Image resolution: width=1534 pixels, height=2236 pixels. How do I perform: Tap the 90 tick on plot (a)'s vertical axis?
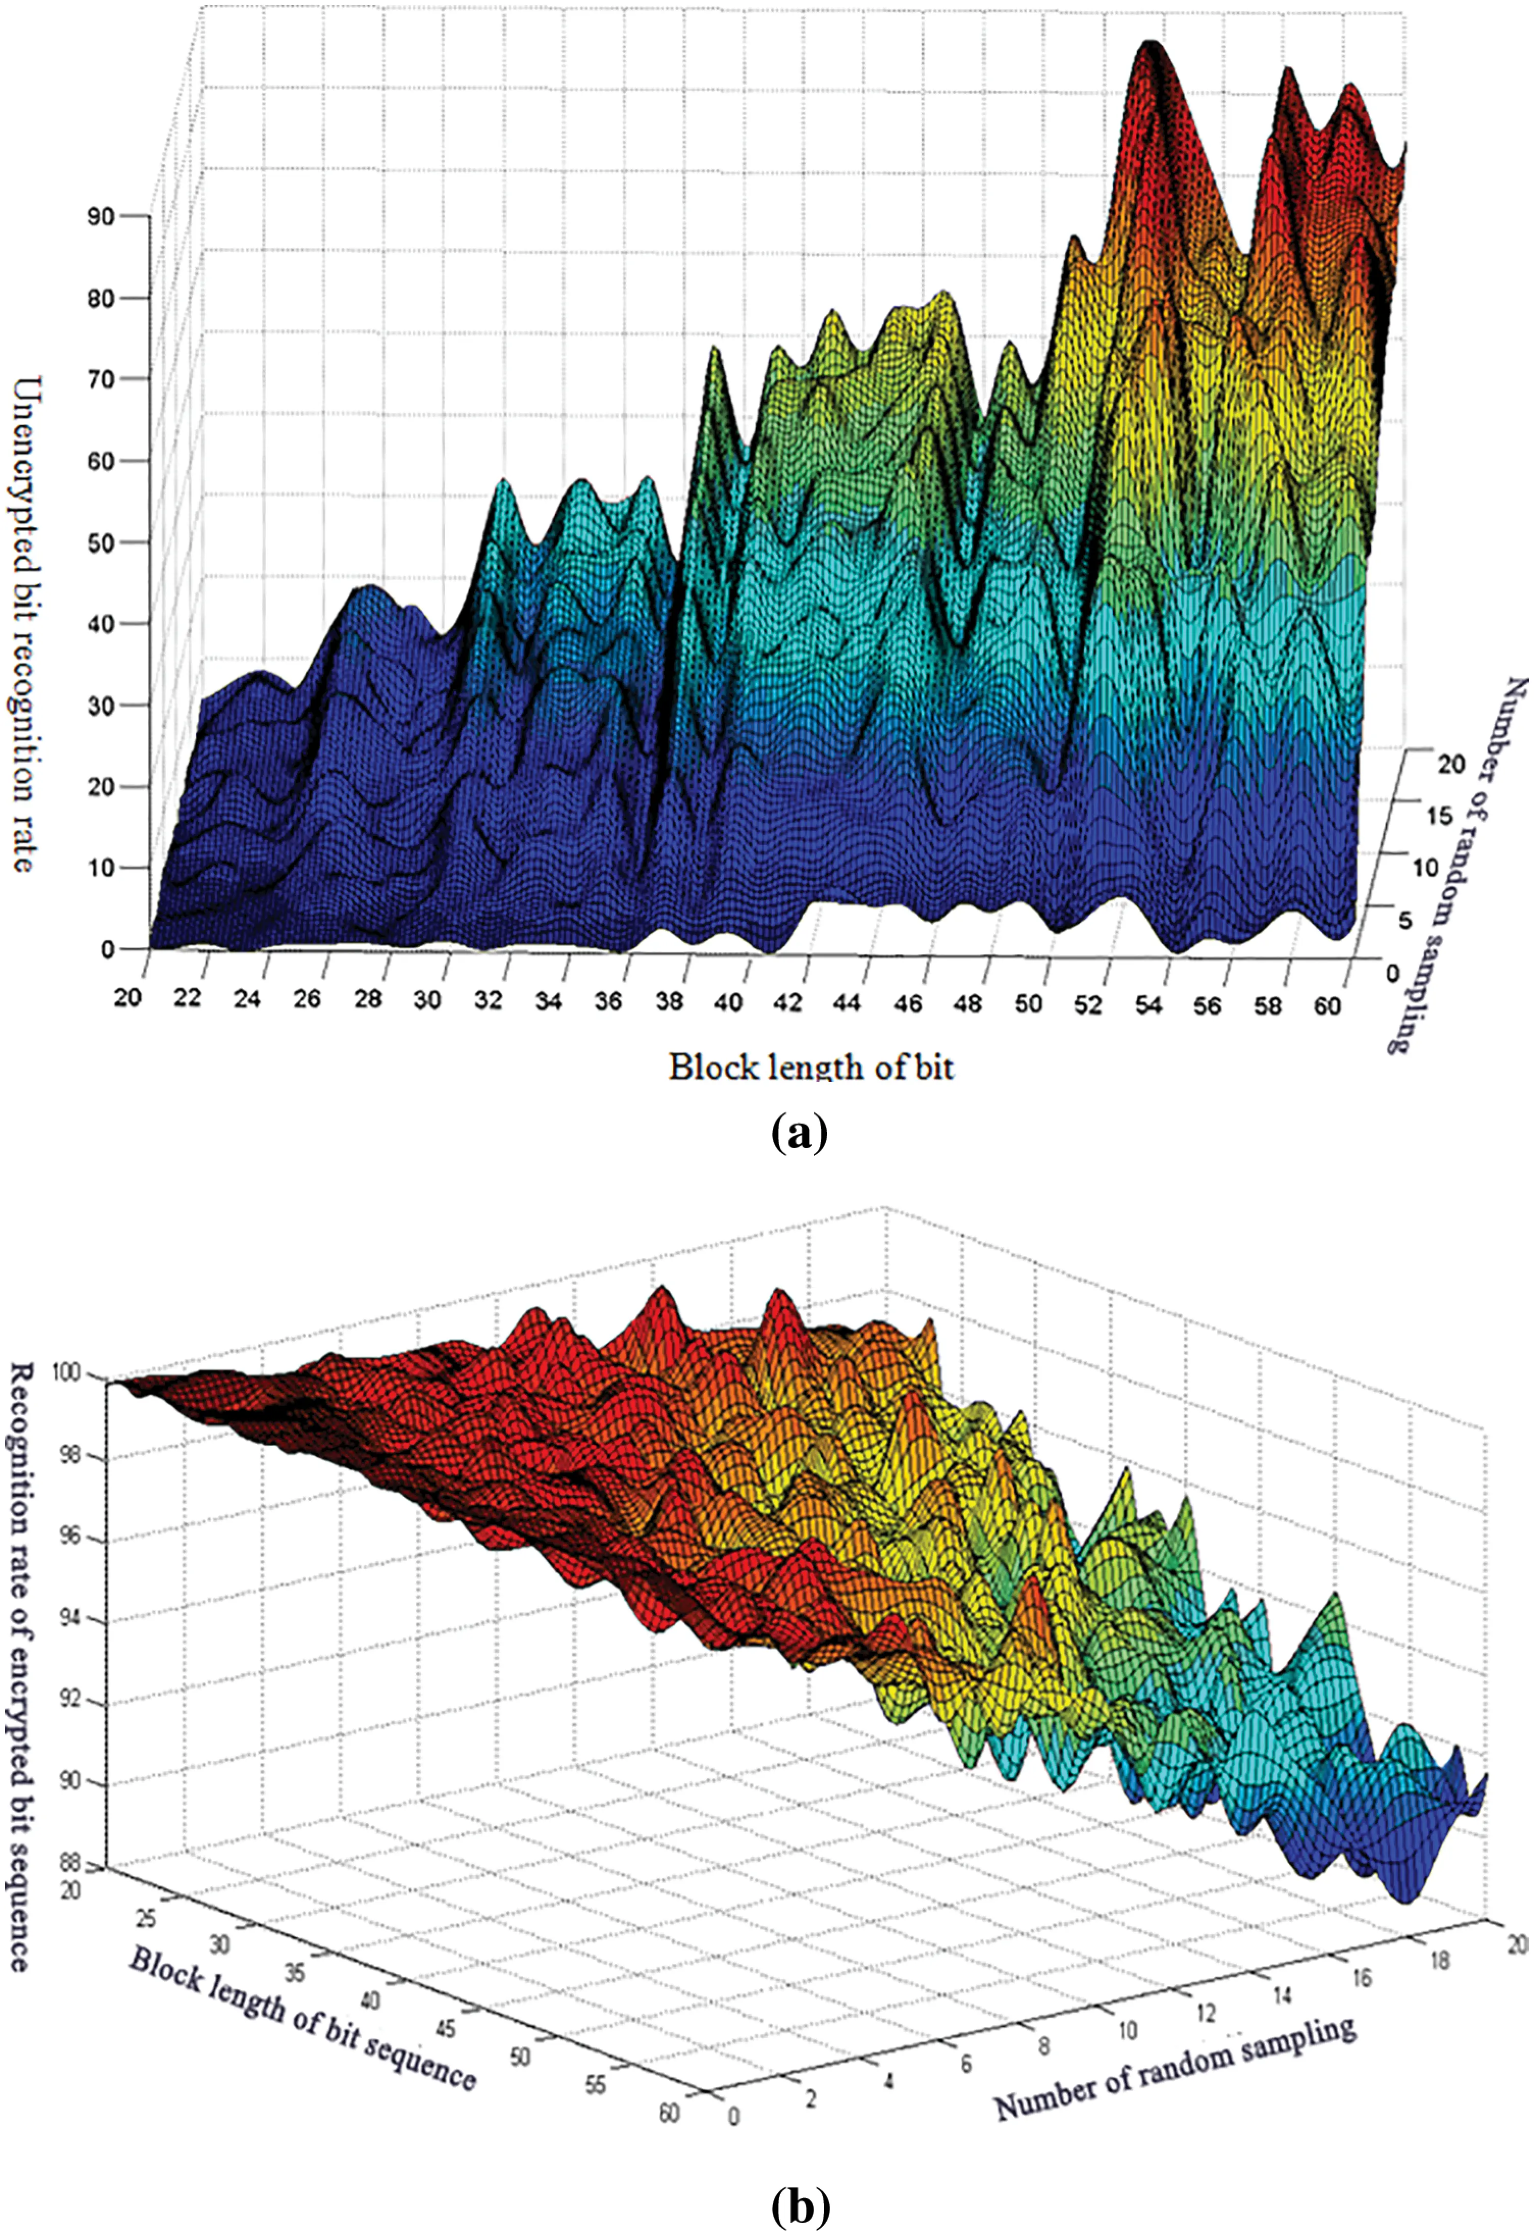[100, 217]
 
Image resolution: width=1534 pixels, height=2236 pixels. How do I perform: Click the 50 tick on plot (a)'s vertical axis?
[100, 542]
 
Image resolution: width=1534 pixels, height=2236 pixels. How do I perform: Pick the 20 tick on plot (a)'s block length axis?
[128, 998]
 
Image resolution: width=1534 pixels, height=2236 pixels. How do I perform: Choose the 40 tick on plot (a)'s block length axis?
[729, 1003]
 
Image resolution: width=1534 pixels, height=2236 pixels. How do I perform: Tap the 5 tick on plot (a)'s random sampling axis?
[1405, 921]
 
